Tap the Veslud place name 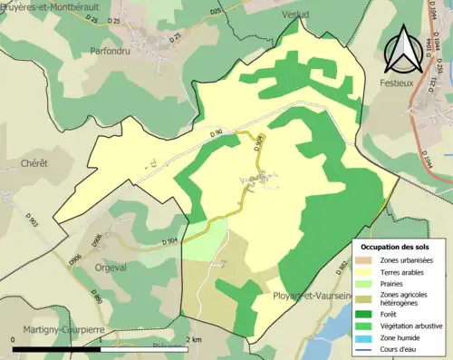(295, 15)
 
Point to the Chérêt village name (33, 163)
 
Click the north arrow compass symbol (399, 51)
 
